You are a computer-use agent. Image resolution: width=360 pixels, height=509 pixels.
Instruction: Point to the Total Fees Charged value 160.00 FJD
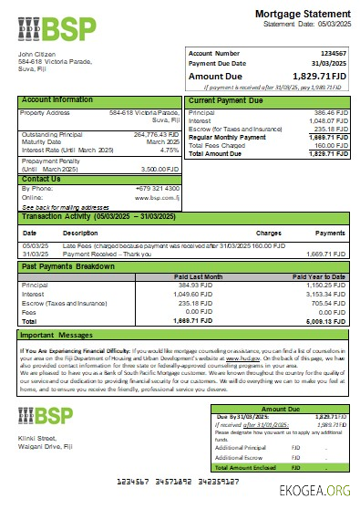330,144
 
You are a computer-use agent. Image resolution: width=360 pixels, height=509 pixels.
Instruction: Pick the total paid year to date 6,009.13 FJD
327,322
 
